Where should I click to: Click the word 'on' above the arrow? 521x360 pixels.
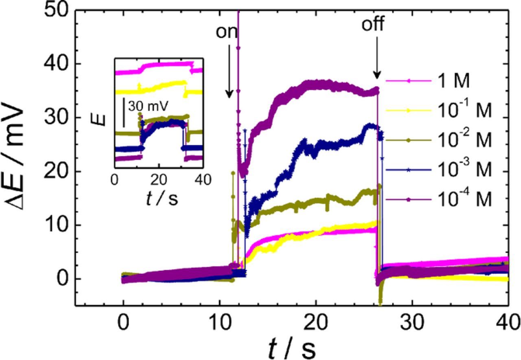point(227,32)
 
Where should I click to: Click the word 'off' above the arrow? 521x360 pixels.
point(373,25)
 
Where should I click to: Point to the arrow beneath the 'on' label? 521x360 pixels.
point(229,71)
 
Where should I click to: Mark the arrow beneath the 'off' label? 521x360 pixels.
point(377,57)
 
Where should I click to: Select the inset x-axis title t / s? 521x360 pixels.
point(162,199)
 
